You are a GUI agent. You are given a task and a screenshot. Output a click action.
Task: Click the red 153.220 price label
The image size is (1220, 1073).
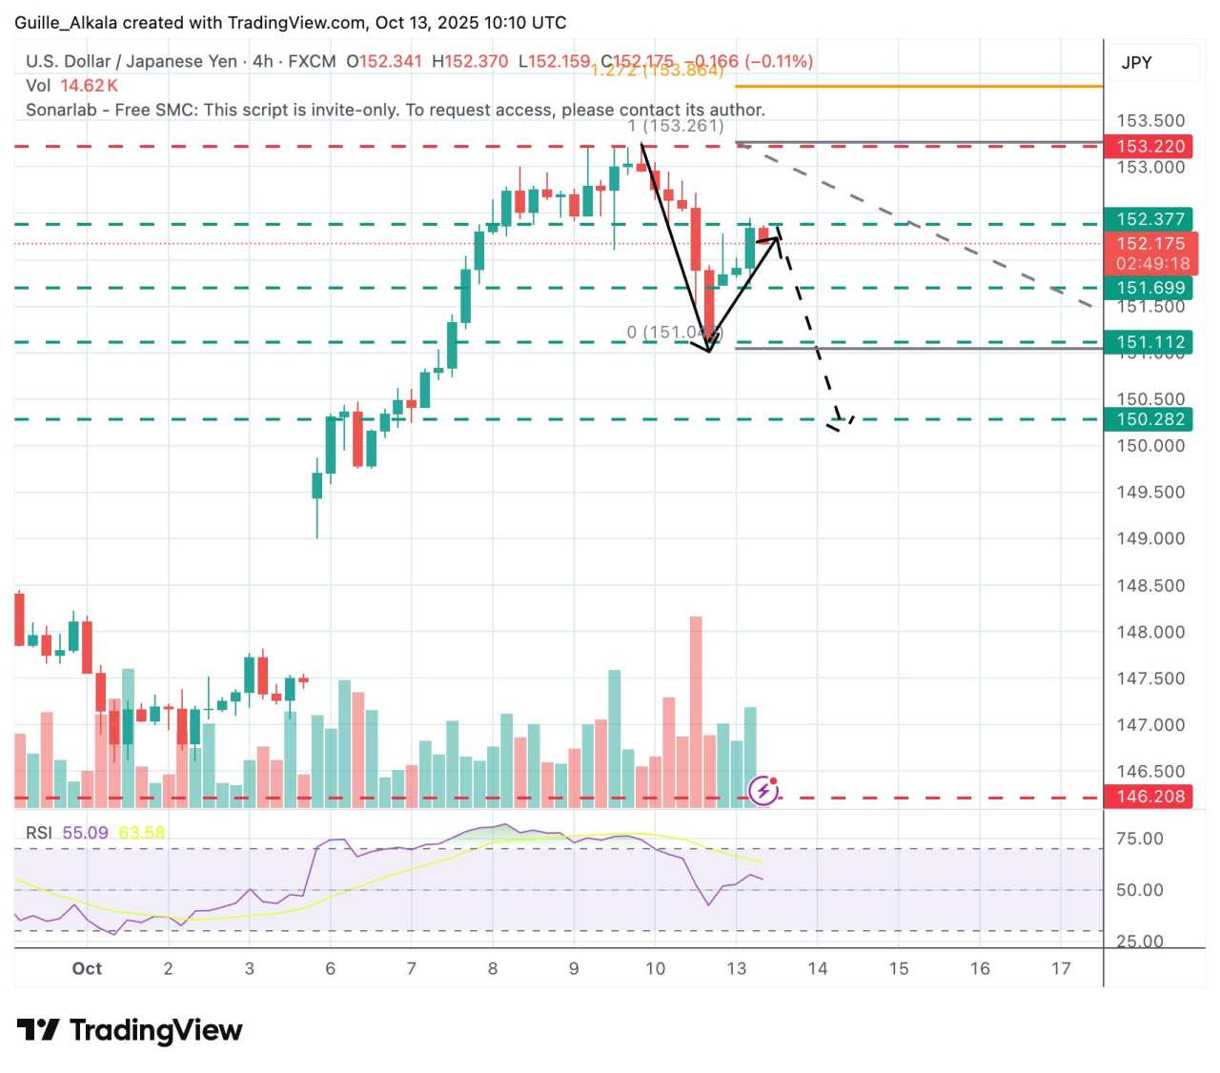(x=1150, y=146)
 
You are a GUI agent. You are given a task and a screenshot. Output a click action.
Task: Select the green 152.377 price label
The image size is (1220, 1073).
(x=1150, y=219)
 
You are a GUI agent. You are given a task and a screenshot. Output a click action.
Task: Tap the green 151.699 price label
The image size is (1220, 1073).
(x=1150, y=288)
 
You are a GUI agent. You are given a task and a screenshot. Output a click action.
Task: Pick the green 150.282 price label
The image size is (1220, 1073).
(x=1150, y=419)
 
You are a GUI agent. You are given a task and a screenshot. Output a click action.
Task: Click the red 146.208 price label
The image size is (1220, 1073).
(x=1150, y=797)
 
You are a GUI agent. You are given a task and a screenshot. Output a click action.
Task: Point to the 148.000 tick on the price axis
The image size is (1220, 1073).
(x=1150, y=632)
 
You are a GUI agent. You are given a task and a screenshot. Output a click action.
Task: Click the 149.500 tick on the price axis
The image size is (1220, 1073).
(x=1150, y=493)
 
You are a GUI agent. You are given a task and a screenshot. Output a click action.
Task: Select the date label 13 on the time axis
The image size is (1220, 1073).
(x=736, y=968)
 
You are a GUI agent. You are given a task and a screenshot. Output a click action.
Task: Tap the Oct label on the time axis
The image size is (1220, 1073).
(x=87, y=968)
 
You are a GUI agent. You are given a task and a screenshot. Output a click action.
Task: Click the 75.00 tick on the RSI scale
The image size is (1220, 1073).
(x=1139, y=839)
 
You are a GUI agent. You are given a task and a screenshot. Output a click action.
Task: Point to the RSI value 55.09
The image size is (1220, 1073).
(x=85, y=833)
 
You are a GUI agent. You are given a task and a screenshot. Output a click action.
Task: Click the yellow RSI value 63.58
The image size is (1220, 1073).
(x=141, y=833)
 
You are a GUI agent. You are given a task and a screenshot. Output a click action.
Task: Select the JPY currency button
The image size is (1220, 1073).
(x=1137, y=63)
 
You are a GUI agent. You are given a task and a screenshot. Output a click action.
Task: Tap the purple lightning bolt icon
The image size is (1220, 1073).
(x=763, y=790)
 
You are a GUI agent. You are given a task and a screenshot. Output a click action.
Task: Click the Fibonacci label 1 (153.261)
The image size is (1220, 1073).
(x=676, y=126)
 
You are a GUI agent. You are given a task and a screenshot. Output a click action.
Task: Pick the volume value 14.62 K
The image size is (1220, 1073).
(x=89, y=86)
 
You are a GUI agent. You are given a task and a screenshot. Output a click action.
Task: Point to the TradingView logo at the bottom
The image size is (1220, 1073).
(x=130, y=1030)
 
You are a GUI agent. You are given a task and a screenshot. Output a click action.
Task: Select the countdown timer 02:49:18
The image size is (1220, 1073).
(x=1152, y=264)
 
